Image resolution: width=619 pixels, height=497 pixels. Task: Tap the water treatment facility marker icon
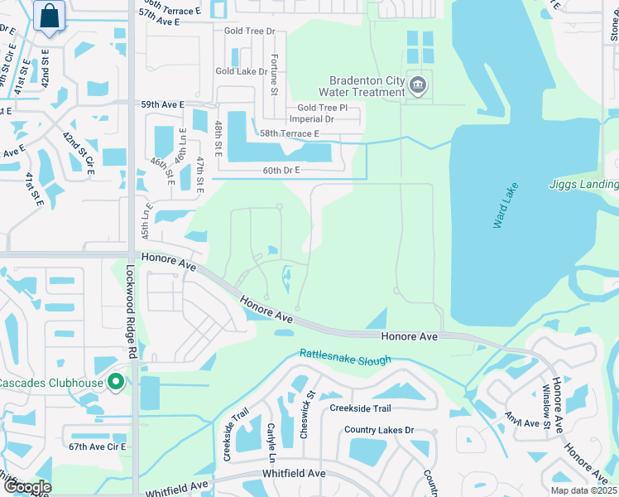click(418, 84)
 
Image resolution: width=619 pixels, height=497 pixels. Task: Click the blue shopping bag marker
click(50, 16)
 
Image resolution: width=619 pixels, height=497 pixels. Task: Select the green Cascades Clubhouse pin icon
click(116, 382)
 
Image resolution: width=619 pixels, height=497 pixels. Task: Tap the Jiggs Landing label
click(583, 185)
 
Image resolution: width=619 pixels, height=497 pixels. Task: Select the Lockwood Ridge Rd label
click(130, 311)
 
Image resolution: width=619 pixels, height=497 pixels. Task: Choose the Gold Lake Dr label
click(241, 71)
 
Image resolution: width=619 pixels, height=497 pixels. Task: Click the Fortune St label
click(274, 74)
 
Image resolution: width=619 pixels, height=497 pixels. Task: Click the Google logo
click(27, 486)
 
